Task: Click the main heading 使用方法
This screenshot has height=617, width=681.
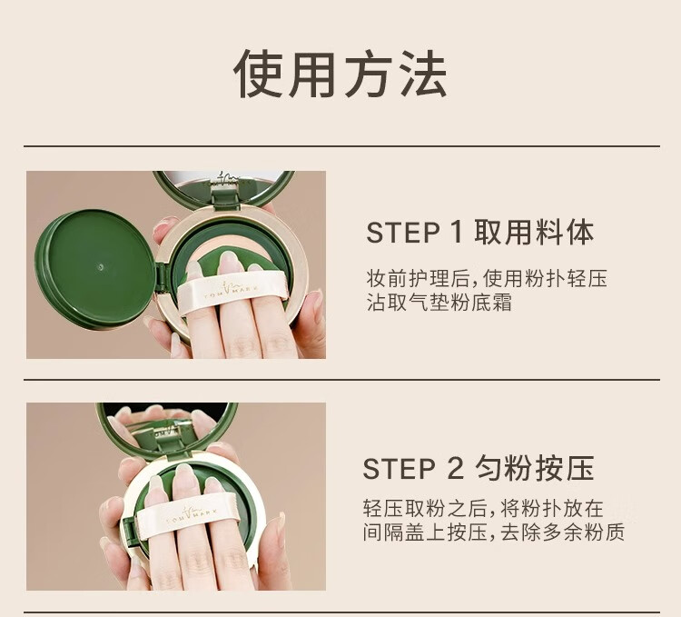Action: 340,74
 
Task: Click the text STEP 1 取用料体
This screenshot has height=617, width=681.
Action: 480,233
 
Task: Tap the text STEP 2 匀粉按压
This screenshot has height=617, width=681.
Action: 479,468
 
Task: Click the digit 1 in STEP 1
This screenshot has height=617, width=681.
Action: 456,233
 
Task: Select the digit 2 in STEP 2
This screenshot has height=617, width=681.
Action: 454,468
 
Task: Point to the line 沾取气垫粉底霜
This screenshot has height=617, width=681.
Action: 439,302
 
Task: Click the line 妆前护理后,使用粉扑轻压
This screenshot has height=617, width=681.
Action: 487,279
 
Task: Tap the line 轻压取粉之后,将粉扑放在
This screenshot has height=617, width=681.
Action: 483,508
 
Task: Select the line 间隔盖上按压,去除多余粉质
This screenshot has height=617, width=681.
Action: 493,532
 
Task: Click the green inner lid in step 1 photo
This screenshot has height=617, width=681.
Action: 94,268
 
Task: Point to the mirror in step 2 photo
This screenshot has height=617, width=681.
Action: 167,429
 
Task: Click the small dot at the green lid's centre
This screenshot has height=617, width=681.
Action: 101,267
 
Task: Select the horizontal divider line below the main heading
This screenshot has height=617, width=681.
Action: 341,146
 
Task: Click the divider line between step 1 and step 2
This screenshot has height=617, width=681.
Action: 341,379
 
